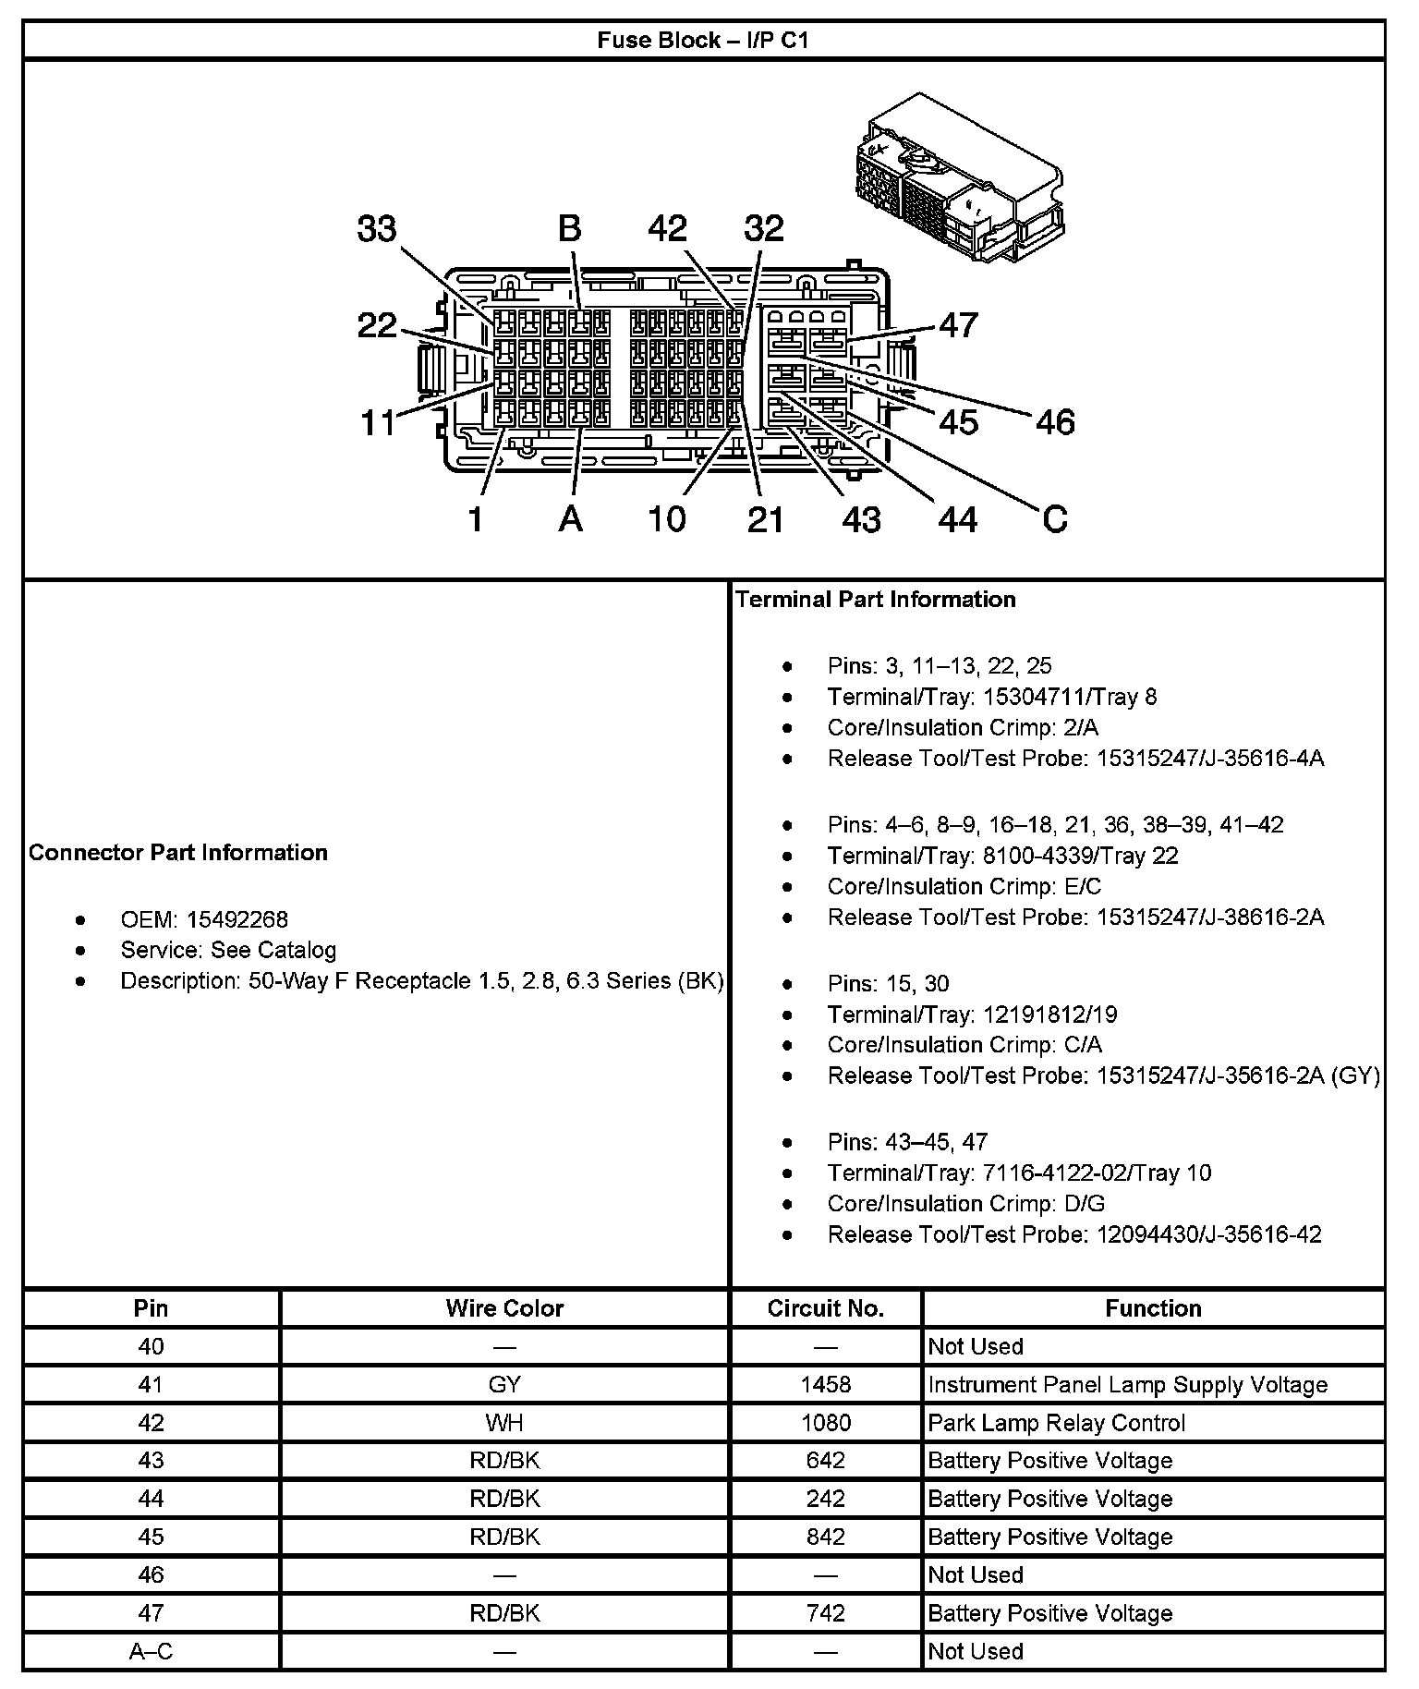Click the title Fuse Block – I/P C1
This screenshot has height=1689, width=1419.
pos(702,41)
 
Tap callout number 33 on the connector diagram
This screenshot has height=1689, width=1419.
pos(377,229)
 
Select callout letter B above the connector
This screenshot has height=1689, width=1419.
pos(570,229)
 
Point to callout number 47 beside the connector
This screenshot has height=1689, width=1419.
pos(958,325)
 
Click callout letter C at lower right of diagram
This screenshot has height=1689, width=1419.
pos(1054,519)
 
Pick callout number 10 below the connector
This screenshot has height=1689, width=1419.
pos(666,519)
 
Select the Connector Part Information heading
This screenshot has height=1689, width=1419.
pos(178,852)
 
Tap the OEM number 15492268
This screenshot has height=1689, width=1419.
pos(236,919)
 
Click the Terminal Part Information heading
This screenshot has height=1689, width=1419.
pos(876,600)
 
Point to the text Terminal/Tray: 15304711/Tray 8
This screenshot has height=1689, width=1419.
pos(991,697)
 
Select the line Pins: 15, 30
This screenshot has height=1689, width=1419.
pos(888,983)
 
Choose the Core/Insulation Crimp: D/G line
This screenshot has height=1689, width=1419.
pos(965,1203)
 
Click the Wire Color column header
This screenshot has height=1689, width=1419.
pos(504,1308)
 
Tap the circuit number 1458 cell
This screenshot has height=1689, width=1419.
pos(825,1384)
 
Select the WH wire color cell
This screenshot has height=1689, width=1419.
pos(504,1422)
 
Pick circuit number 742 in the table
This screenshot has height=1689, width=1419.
pos(825,1612)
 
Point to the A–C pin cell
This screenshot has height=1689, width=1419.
pos(151,1650)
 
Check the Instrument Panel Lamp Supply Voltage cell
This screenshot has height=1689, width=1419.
pos(1127,1384)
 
